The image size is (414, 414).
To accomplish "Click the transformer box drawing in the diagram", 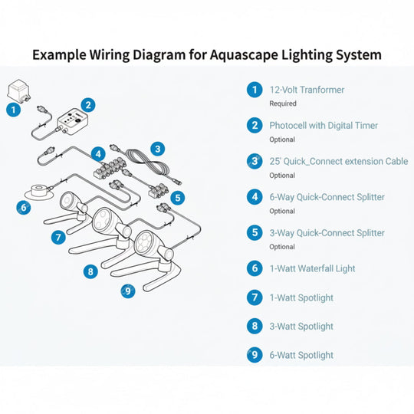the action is click(18, 91).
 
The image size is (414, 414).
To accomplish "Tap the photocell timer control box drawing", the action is click(72, 121).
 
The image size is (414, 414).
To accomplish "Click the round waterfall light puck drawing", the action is click(39, 192).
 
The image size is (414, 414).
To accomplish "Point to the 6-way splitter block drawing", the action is click(109, 167).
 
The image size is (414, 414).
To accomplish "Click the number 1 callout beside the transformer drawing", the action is click(14, 110).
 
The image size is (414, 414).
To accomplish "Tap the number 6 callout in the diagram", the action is click(24, 208).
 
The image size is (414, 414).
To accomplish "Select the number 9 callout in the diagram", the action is click(128, 291).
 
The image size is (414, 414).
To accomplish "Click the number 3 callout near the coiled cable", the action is click(158, 149).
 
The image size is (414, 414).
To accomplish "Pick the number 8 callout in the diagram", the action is click(90, 271).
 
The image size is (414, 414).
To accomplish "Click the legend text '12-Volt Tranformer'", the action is click(307, 90).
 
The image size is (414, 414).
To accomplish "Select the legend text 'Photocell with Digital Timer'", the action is click(324, 126).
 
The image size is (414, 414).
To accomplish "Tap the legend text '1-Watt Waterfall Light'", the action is click(312, 268).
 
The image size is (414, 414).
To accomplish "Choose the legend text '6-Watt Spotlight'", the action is click(301, 355).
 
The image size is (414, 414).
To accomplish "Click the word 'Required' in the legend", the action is click(283, 103).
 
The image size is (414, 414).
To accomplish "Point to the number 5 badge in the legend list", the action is click(255, 232).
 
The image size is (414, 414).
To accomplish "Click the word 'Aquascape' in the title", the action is click(244, 55).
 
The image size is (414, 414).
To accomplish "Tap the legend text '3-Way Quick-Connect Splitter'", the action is click(327, 233).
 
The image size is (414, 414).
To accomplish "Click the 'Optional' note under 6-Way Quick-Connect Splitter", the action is click(282, 211).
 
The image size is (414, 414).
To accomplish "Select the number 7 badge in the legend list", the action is click(255, 297).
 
